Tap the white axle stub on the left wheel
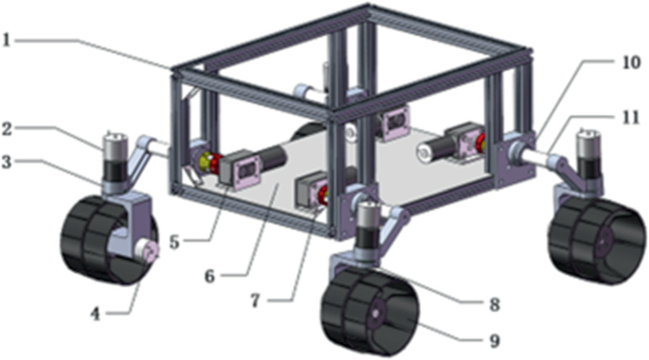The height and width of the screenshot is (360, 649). tap(149, 251)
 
